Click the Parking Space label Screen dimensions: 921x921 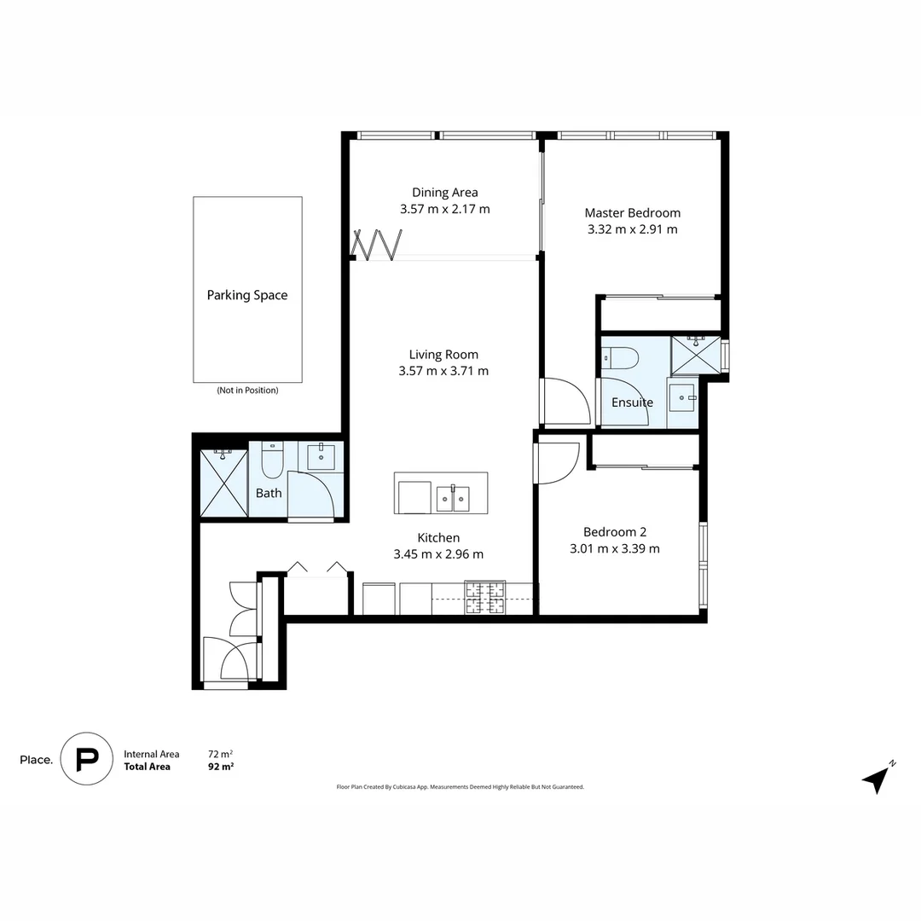pos(247,295)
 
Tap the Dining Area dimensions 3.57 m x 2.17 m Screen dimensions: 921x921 pos(444,209)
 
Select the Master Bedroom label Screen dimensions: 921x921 pos(632,212)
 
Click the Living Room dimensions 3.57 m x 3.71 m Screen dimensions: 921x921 pos(443,371)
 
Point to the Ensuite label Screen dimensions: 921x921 pos(632,403)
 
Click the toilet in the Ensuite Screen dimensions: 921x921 pos(619,357)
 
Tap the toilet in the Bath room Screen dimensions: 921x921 pos(272,460)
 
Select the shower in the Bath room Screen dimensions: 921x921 pos(223,483)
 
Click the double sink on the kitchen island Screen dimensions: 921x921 pos(453,498)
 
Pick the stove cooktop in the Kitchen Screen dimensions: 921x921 pos(484,597)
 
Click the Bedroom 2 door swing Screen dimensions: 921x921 pos(559,460)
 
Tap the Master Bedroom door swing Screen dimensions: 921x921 pos(565,401)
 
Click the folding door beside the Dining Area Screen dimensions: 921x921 pos(378,245)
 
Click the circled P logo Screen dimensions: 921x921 pos(86,759)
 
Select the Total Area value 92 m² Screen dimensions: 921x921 pos(221,767)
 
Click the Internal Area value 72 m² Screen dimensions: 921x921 pos(220,754)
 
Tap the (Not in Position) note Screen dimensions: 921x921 pos(247,391)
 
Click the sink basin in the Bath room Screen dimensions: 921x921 pos(321,457)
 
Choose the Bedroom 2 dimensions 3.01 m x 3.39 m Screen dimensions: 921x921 pos(614,548)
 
